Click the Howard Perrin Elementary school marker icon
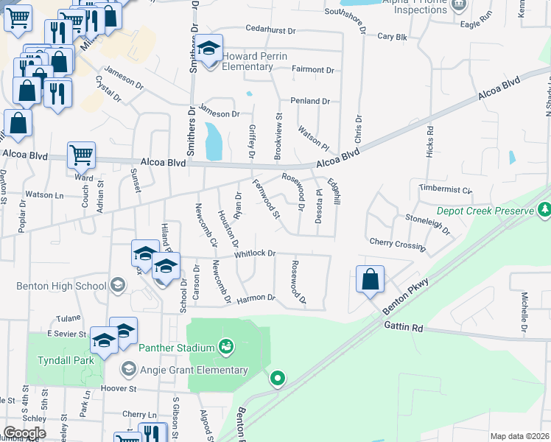click(x=209, y=50)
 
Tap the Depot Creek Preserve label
click(x=484, y=211)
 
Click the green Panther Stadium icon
click(x=225, y=346)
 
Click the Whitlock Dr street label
click(x=255, y=253)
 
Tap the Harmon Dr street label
click(x=256, y=298)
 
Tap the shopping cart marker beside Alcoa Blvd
click(x=81, y=155)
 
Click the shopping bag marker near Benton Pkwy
click(x=370, y=280)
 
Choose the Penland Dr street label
click(x=309, y=101)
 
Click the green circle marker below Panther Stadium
click(x=278, y=379)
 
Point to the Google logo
click(x=24, y=433)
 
